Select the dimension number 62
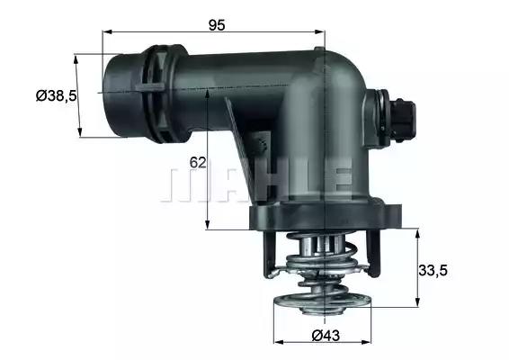[199, 163]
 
